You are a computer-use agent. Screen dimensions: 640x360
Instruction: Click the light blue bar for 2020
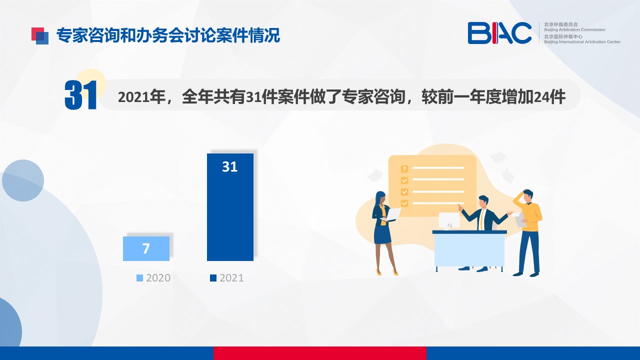146,248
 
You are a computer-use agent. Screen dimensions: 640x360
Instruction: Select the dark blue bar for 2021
230,207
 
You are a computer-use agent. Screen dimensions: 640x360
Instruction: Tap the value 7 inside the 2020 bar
146,248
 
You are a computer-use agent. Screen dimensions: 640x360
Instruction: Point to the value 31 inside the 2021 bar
229,166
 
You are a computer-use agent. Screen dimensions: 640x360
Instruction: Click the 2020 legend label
158,278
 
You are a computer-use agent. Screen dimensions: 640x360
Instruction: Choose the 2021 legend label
231,278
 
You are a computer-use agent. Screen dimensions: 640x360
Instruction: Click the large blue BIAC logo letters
499,33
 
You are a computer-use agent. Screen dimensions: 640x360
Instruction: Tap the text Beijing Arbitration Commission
574,29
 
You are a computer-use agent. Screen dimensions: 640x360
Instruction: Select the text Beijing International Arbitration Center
582,41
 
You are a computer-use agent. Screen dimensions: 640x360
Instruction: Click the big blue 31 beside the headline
81,95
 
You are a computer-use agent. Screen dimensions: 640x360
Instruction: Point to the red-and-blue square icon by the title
40,35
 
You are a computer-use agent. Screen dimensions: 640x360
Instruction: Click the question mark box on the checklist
404,169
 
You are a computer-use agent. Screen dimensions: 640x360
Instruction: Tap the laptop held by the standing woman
390,215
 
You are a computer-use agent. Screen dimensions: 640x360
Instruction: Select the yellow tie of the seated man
481,219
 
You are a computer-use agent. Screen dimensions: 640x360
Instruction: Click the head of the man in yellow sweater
527,196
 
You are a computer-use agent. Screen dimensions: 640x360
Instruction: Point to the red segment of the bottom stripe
320,353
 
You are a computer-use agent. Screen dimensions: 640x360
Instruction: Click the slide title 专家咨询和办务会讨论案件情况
168,35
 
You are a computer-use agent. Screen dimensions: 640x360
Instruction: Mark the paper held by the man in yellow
521,219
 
